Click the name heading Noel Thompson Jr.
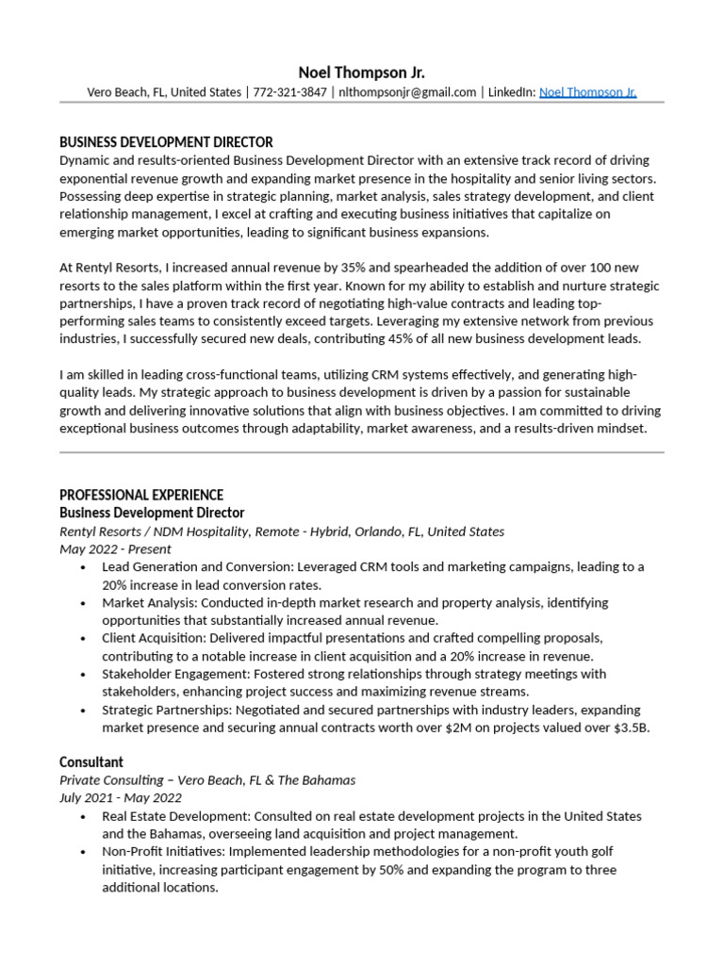[361, 73]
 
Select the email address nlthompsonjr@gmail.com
[407, 92]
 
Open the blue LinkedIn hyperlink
[587, 92]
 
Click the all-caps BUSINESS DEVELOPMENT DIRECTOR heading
[166, 142]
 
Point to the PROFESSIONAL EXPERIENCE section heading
[141, 495]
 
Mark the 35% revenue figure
[337, 269]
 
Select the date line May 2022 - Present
[115, 548]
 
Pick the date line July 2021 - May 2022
[121, 798]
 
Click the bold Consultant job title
[91, 761]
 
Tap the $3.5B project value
[631, 728]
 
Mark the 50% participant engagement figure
[392, 870]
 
